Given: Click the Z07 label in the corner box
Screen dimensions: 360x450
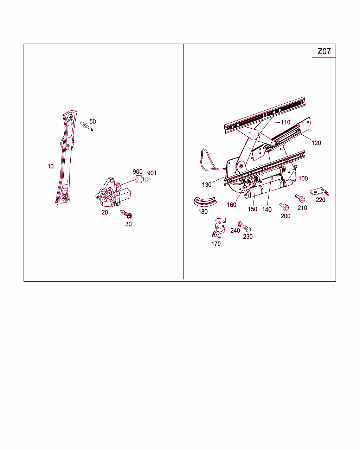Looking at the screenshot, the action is (x=324, y=51).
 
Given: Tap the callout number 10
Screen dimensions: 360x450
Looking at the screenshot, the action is (x=50, y=166).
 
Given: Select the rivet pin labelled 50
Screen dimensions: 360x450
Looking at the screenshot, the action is (x=86, y=126).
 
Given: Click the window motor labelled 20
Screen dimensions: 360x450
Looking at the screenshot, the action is (x=113, y=192).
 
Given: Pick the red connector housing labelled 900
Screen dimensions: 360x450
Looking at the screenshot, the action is (x=140, y=179).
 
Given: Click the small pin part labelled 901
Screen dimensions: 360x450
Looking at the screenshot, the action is (x=148, y=179).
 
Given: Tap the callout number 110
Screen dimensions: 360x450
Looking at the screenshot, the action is (x=285, y=122).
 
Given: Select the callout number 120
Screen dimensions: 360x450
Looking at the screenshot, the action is (x=316, y=143).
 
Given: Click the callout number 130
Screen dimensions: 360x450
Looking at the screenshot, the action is (x=207, y=185).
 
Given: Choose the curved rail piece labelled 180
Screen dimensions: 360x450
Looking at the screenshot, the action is (x=205, y=201).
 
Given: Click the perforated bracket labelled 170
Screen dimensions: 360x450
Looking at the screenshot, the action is (x=219, y=228).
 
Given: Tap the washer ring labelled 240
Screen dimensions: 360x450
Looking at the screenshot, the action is (x=240, y=224).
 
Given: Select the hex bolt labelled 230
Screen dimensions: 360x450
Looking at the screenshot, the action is (x=247, y=229).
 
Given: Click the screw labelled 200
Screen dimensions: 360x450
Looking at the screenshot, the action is (x=284, y=207).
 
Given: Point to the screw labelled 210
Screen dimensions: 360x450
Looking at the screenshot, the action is (x=300, y=198).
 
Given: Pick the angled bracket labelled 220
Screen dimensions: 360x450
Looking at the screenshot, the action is (x=319, y=192).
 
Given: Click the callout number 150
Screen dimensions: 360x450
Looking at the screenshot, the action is (x=252, y=209).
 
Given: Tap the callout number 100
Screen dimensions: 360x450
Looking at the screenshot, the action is (x=303, y=178).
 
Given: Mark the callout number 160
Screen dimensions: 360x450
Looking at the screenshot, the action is (x=232, y=205).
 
